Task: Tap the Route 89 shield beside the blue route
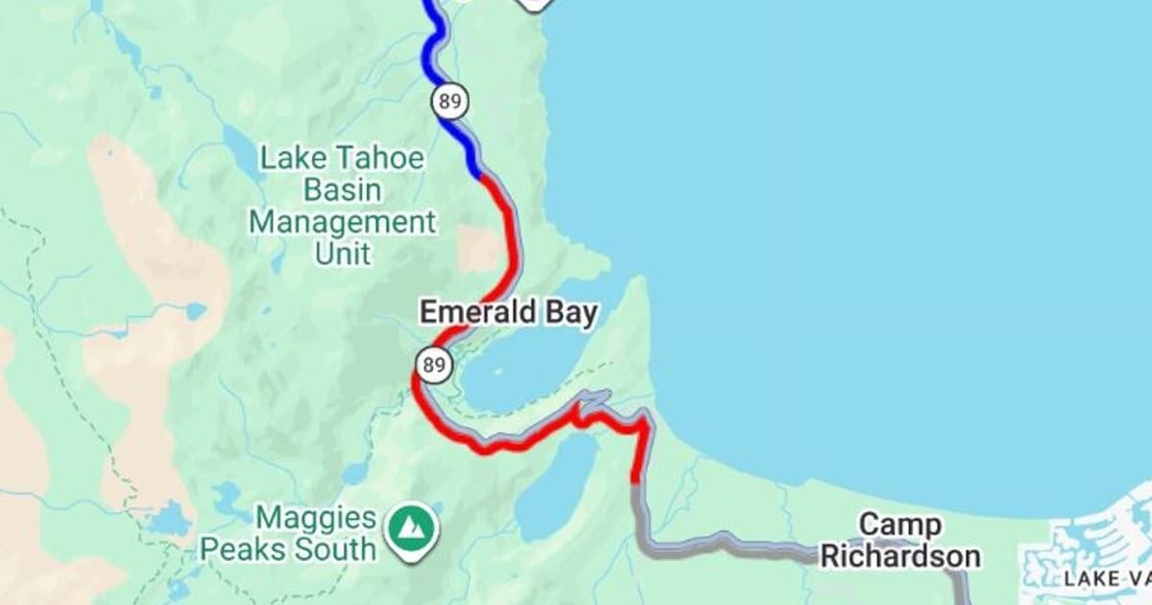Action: click(x=449, y=99)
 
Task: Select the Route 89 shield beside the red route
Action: click(x=431, y=364)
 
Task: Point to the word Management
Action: click(x=342, y=223)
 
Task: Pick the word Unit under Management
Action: click(x=343, y=254)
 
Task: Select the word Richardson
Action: click(x=900, y=556)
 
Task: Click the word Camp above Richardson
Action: click(x=900, y=524)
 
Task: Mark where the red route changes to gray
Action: click(x=636, y=482)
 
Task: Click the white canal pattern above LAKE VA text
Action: click(x=1094, y=538)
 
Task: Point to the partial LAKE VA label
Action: click(x=1104, y=578)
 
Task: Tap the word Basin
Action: click(x=344, y=190)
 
